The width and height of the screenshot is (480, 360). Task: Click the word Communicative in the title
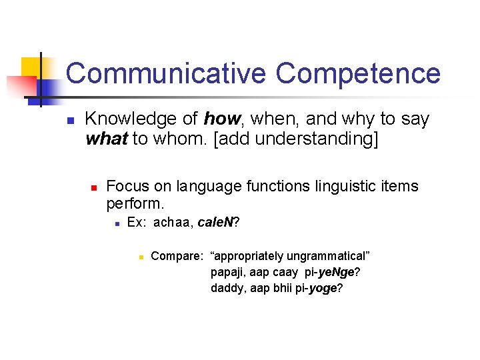click(165, 73)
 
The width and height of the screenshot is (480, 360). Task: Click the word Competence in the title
click(358, 73)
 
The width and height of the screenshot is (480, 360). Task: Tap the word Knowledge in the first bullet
click(141, 119)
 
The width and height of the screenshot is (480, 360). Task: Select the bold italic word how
click(221, 119)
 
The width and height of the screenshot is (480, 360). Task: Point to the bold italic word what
click(107, 139)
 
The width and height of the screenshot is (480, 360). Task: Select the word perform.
click(135, 202)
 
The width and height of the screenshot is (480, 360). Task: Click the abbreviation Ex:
click(137, 223)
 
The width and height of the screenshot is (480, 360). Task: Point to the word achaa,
click(174, 223)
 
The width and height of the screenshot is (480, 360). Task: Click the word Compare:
click(177, 256)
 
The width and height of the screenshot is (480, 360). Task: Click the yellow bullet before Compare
click(141, 256)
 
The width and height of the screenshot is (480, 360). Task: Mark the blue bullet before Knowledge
click(69, 121)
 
